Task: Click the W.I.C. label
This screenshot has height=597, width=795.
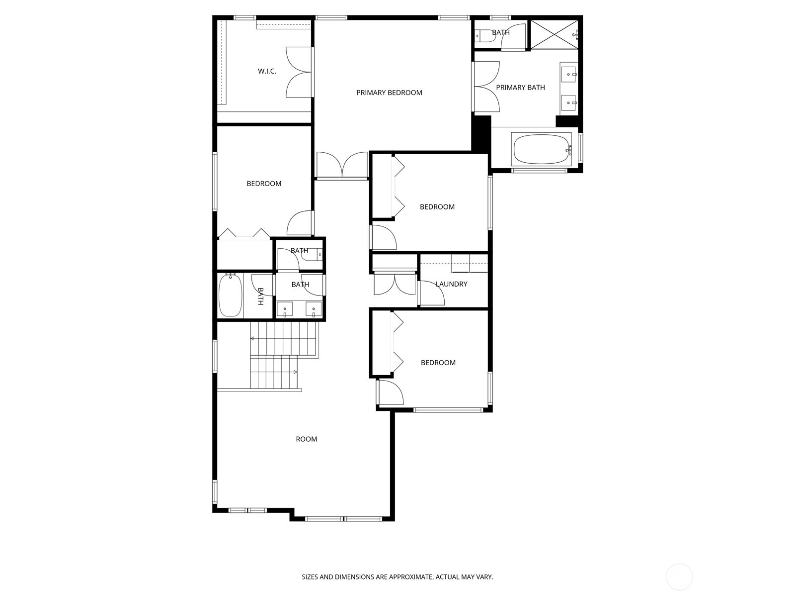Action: point(267,72)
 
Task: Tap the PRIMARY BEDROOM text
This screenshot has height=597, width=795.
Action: point(389,93)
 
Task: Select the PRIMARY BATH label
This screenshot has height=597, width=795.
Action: point(520,88)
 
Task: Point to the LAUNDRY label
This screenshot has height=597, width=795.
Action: point(451,284)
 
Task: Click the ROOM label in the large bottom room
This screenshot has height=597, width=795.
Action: point(307,439)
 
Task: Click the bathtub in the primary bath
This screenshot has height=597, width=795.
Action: point(542,149)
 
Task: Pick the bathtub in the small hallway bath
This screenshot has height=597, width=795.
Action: point(230,295)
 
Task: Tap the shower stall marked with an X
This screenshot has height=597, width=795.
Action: point(554,34)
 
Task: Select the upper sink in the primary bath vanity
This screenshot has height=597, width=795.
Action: point(568,74)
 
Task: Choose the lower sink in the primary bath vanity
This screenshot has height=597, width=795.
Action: point(568,103)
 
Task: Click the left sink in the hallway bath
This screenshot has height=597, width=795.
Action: point(285,309)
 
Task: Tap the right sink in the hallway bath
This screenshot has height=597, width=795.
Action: point(314,309)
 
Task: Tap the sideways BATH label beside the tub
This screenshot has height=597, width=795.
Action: point(260,296)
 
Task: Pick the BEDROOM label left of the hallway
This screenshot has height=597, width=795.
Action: point(264,184)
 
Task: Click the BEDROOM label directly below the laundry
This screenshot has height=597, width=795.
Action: point(438,363)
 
